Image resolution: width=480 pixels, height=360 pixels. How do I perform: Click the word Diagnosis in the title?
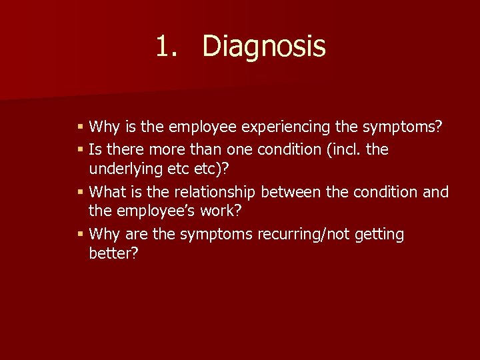pos(263,47)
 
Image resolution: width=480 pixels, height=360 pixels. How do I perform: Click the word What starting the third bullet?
pos(107,192)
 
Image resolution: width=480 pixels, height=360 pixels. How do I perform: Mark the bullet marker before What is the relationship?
pos(81,192)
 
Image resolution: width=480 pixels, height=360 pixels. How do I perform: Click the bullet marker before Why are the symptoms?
pos(81,234)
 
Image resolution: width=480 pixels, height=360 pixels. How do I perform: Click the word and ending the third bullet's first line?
pos(435,192)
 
